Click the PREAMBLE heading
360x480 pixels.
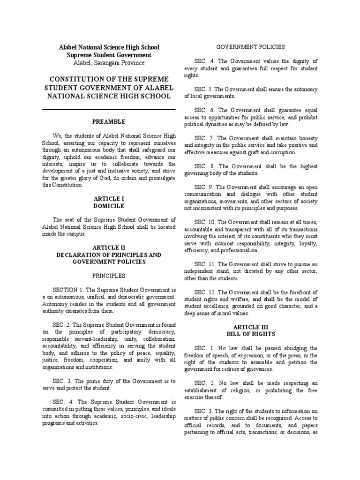pos(108,122)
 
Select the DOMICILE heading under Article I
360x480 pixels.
pos(108,205)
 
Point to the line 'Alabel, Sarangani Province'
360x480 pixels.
pos(108,63)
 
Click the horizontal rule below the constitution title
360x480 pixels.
pos(108,109)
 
